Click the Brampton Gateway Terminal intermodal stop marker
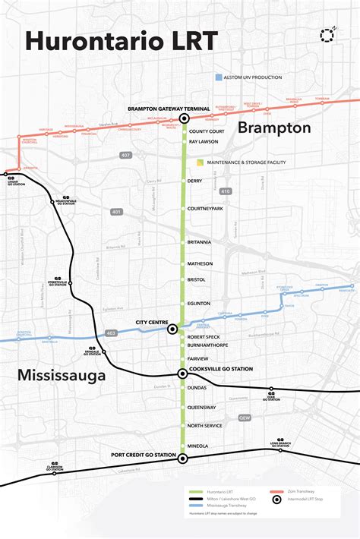point(184,119)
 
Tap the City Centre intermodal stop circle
point(172,329)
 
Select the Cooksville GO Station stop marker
point(183,374)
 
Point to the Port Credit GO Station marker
point(182,459)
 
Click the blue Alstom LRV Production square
point(219,77)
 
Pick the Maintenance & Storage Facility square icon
point(200,162)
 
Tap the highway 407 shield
point(126,156)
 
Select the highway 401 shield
point(115,212)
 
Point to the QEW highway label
point(245,418)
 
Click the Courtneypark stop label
point(205,208)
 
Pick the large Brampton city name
point(274,128)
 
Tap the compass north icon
point(328,35)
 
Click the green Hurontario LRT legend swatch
point(200,491)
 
